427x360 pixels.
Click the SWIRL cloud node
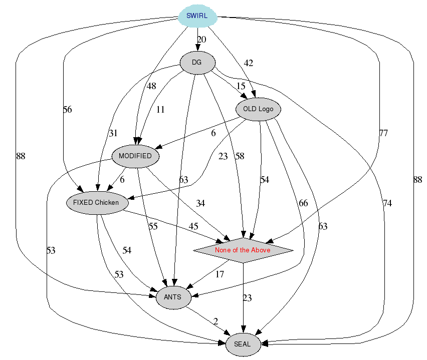pyautogui.click(x=197, y=16)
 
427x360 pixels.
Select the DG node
pyautogui.click(x=197, y=63)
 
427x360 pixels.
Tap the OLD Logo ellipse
pyautogui.click(x=258, y=109)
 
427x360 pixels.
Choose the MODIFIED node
pyautogui.click(x=135, y=156)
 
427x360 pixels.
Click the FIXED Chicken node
pyautogui.click(x=96, y=203)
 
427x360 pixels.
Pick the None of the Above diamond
pyautogui.click(x=243, y=250)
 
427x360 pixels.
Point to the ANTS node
pyautogui.click(x=173, y=298)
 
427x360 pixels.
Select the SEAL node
pyautogui.click(x=243, y=344)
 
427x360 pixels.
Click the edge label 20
pyautogui.click(x=201, y=40)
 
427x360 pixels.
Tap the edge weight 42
pyautogui.click(x=249, y=63)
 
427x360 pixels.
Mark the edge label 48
pyautogui.click(x=151, y=86)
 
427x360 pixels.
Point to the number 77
pyautogui.click(x=383, y=133)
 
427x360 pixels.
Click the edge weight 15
pyautogui.click(x=241, y=87)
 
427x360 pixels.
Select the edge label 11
pyautogui.click(x=160, y=110)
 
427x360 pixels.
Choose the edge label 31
pyautogui.click(x=113, y=133)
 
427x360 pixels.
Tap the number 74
pyautogui.click(x=387, y=203)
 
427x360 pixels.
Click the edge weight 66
pyautogui.click(x=303, y=203)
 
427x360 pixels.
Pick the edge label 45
pyautogui.click(x=193, y=226)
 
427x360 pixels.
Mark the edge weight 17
pyautogui.click(x=220, y=274)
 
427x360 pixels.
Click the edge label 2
pyautogui.click(x=216, y=321)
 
